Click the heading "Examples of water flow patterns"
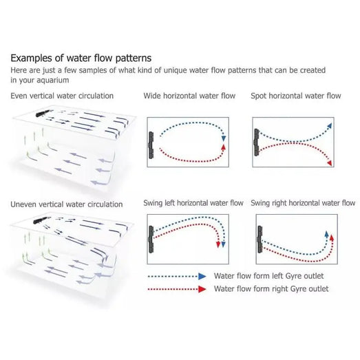81,58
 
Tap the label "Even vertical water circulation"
62,96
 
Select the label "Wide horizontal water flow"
189,96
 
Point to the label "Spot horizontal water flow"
296,96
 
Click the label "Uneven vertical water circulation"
67,204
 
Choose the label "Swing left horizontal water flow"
193,203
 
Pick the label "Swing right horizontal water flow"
303,203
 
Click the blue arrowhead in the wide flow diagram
224,138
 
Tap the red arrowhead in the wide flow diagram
224,147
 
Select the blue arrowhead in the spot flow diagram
330,125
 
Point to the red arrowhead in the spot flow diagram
330,163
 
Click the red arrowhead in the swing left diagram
218,244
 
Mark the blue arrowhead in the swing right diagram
326,234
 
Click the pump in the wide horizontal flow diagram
151,145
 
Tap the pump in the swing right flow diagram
260,240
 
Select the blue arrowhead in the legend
202,276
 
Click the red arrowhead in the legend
202,289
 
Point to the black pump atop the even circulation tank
43,113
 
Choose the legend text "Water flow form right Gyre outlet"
271,289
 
